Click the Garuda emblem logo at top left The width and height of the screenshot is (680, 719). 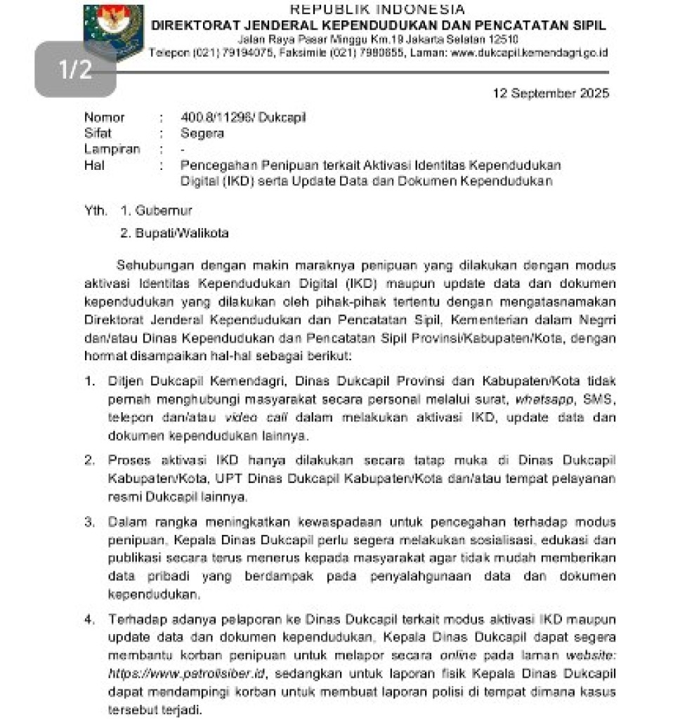click(x=113, y=28)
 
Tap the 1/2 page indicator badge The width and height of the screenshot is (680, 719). click(x=75, y=70)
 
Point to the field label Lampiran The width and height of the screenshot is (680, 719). click(x=112, y=149)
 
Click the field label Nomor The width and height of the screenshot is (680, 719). click(x=104, y=118)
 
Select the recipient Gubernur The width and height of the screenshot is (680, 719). click(x=155, y=210)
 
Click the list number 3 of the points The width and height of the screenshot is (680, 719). click(x=89, y=522)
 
